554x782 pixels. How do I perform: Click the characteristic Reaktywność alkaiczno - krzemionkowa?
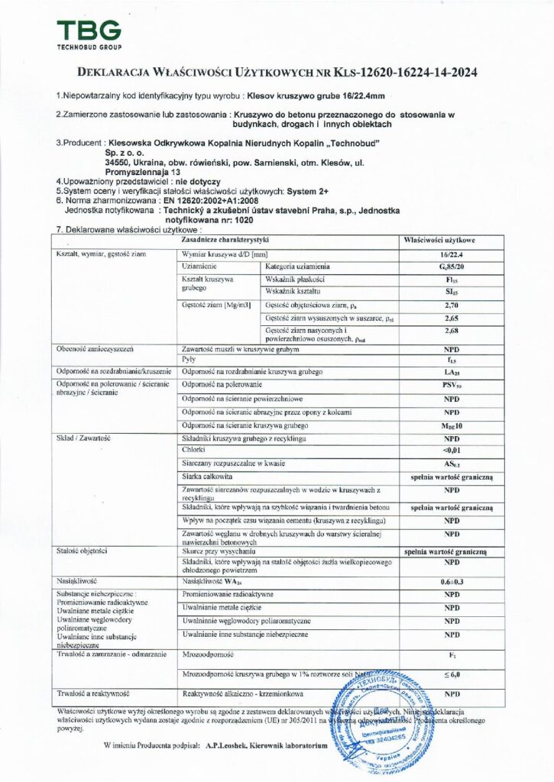[x=243, y=693]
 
